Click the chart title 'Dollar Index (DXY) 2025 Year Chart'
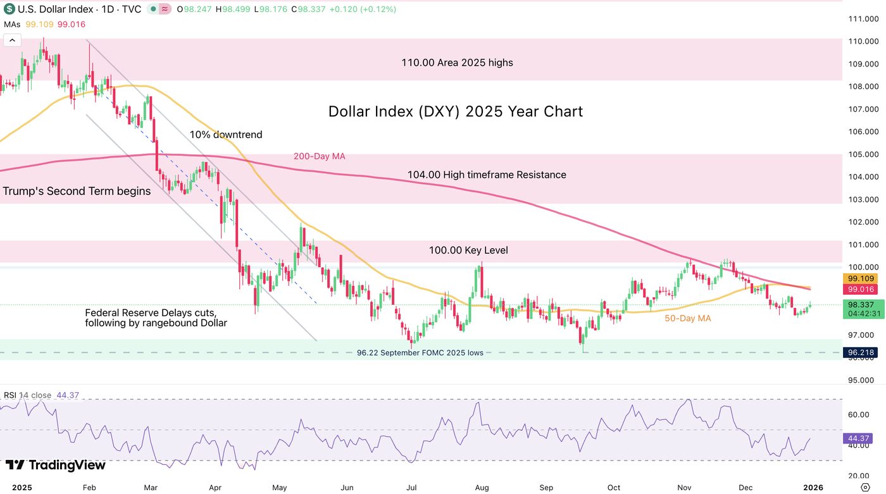tap(456, 112)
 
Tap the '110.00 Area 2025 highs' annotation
tap(457, 63)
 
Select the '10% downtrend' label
tap(226, 135)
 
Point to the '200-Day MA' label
tap(320, 156)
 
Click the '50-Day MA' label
tap(688, 319)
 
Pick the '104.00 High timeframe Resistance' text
tap(486, 175)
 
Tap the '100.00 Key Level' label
tap(468, 250)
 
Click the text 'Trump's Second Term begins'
tap(77, 191)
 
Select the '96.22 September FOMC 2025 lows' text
tap(420, 353)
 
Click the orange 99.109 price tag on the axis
tap(861, 278)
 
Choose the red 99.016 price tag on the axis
tap(861, 289)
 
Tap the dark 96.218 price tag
tap(861, 352)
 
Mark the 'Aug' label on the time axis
tap(482, 488)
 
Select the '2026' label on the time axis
tap(813, 488)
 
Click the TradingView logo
tap(56, 466)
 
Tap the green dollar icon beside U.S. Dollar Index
tap(10, 9)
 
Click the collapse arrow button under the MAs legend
tap(12, 40)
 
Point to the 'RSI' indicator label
tap(10, 395)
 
